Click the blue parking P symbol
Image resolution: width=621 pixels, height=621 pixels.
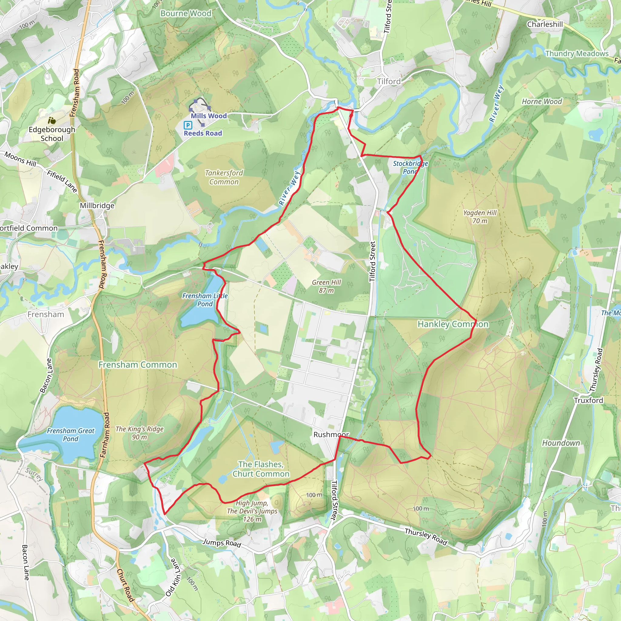pyautogui.click(x=188, y=125)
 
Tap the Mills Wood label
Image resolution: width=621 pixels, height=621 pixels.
pyautogui.click(x=209, y=116)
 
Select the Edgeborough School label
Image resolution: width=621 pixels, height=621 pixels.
pyautogui.click(x=52, y=134)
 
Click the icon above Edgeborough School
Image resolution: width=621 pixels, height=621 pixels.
pyautogui.click(x=52, y=121)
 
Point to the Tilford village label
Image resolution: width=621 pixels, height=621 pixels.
pyautogui.click(x=389, y=81)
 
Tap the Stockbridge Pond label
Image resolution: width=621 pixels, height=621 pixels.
pyautogui.click(x=411, y=167)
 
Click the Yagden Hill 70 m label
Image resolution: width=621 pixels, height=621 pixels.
pyautogui.click(x=480, y=217)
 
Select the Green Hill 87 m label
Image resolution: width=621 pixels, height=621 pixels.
pyautogui.click(x=326, y=286)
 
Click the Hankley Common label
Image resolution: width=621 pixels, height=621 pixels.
pyautogui.click(x=453, y=324)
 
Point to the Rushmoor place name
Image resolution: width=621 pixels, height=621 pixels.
pyautogui.click(x=331, y=435)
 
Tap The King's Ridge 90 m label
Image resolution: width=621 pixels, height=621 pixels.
pyautogui.click(x=139, y=433)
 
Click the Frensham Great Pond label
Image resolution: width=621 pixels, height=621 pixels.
pyautogui.click(x=71, y=435)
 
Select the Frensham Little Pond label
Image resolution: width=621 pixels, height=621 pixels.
pyautogui.click(x=205, y=300)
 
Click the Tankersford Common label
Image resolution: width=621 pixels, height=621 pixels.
pyautogui.click(x=224, y=177)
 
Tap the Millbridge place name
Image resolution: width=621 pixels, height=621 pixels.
pyautogui.click(x=97, y=205)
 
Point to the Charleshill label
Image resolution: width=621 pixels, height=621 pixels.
pyautogui.click(x=545, y=25)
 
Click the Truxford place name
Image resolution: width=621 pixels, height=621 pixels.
pyautogui.click(x=589, y=400)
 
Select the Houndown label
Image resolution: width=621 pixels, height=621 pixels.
pyautogui.click(x=561, y=443)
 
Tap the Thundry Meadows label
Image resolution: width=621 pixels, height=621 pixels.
pyautogui.click(x=577, y=54)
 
